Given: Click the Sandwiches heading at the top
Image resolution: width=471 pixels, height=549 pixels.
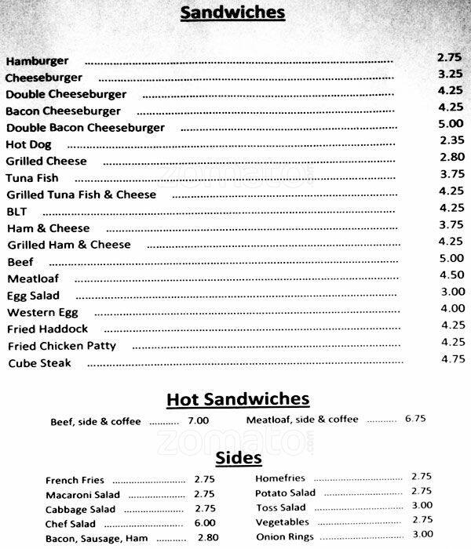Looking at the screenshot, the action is tap(233, 13).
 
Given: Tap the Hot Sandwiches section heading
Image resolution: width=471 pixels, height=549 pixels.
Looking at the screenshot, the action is tap(238, 400).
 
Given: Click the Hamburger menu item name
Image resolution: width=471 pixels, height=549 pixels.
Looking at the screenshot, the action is tap(37, 60).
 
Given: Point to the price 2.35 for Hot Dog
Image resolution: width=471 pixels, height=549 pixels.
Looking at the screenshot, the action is tap(452, 140).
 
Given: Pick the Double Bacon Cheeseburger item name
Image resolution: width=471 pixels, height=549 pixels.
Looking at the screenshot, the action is tap(86, 127).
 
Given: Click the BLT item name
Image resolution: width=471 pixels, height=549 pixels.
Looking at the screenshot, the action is tap(16, 211).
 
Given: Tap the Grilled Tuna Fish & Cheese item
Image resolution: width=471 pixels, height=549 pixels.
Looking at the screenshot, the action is tap(82, 195).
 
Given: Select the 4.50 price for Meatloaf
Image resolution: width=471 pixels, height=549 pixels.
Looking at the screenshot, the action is tap(452, 274).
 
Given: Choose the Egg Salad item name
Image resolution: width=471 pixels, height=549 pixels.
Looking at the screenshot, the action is tap(34, 296).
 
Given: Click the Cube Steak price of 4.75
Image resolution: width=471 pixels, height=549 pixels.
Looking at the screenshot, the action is tap(453, 358).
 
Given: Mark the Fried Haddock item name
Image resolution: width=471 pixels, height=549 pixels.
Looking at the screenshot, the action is tap(48, 329).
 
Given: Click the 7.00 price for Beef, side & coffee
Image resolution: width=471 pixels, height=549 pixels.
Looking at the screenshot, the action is tap(198, 421).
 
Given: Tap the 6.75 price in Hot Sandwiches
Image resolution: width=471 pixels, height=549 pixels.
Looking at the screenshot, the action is tap(415, 420).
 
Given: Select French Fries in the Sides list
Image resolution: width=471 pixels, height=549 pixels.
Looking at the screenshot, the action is tap(75, 480).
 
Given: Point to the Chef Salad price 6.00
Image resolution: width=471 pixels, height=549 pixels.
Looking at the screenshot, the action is tap(204, 523).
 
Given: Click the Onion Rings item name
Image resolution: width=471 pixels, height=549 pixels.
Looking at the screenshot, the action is tap(283, 536).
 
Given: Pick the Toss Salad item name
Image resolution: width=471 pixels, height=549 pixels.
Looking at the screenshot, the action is tap(280, 507).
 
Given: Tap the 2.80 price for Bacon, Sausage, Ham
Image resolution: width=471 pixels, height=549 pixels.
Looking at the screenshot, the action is tap(207, 538).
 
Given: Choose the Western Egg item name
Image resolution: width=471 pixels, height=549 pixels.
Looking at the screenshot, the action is tap(42, 312).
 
